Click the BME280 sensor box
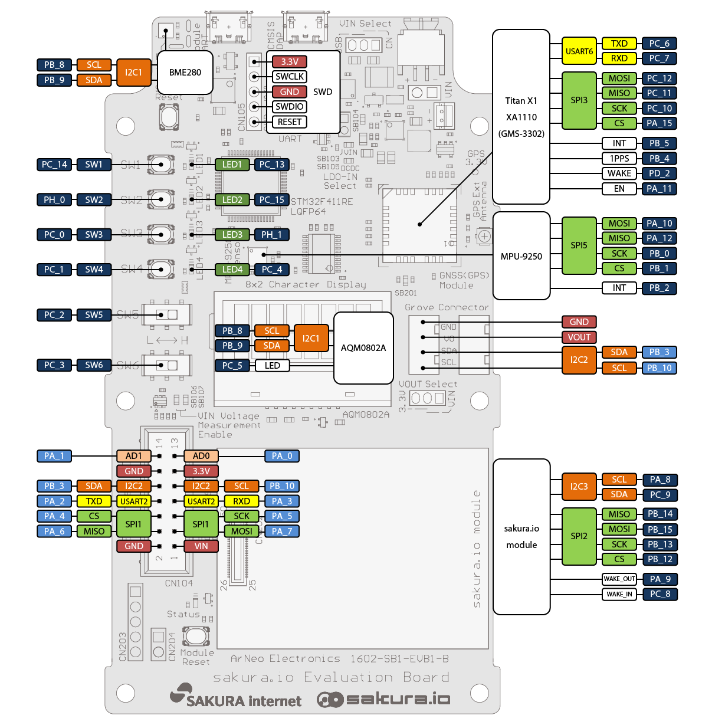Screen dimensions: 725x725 [x=185, y=73]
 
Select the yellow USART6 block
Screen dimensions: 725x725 [x=579, y=51]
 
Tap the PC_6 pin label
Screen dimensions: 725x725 [x=659, y=44]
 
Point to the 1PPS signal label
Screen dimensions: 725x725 [x=619, y=159]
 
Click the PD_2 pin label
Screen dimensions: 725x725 [x=659, y=173]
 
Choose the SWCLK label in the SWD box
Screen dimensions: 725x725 [x=290, y=77]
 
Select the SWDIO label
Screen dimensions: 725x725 [x=290, y=107]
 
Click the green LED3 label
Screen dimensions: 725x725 [x=232, y=235]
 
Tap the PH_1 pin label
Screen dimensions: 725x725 [x=271, y=235]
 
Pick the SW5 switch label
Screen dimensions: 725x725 [x=94, y=315]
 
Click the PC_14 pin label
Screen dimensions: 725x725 [x=54, y=165]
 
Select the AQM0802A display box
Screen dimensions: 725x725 [x=363, y=348]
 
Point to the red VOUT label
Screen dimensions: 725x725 [x=579, y=337]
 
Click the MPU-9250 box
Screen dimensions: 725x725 [x=521, y=257]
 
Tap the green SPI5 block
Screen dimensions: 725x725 [x=579, y=245]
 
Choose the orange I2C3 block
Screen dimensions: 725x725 [x=579, y=487]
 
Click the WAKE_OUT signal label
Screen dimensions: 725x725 [x=619, y=579]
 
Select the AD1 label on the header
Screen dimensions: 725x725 [x=134, y=456]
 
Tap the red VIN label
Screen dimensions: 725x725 [x=201, y=546]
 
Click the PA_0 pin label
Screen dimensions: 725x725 [x=282, y=456]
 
